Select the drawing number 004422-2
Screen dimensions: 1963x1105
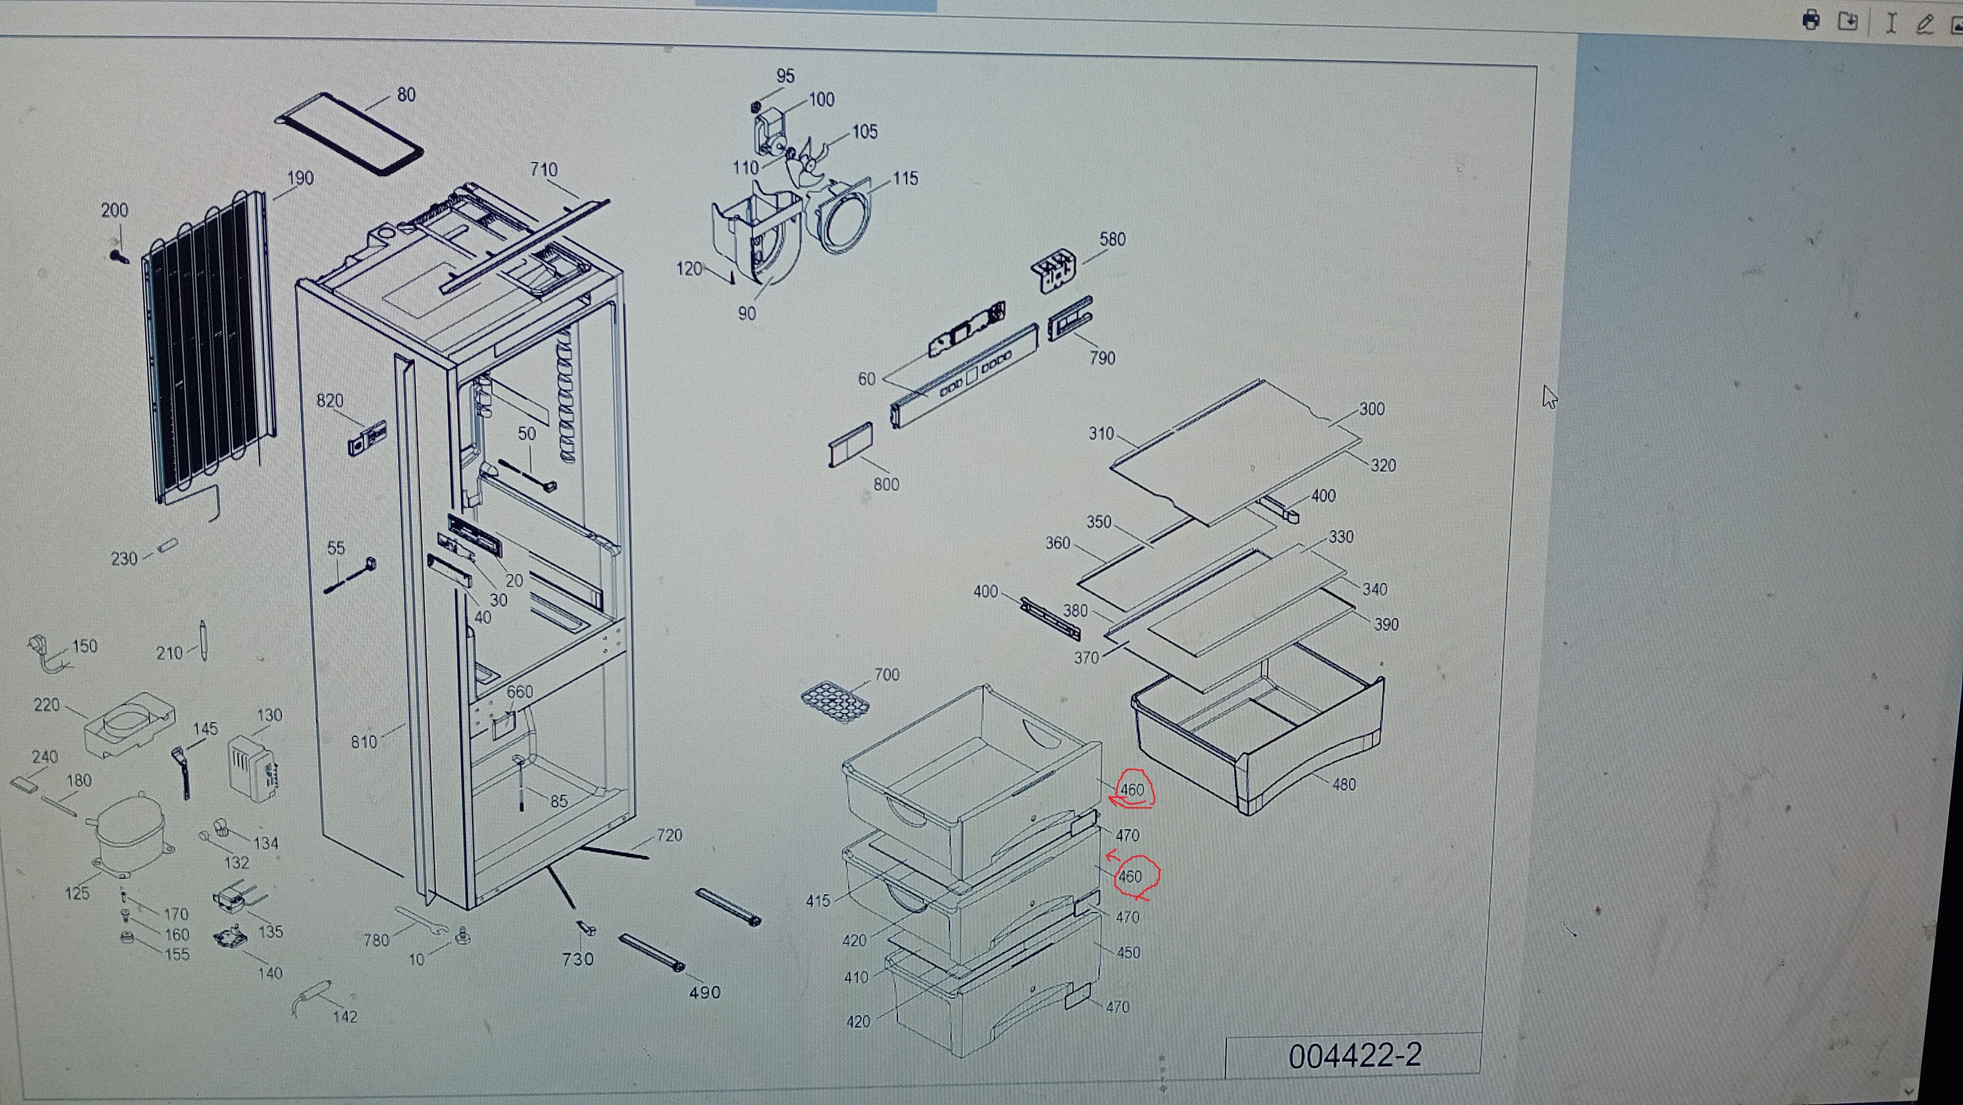[1354, 1055]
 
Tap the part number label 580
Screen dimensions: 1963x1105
[1112, 239]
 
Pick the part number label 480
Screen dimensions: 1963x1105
[1343, 784]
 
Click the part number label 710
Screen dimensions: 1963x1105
[543, 169]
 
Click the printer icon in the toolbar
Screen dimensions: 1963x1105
[1811, 21]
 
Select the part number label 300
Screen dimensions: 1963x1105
[1372, 409]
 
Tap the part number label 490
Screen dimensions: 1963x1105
[704, 992]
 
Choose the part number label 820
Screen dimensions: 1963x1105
[330, 401]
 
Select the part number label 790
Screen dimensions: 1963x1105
[1102, 358]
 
